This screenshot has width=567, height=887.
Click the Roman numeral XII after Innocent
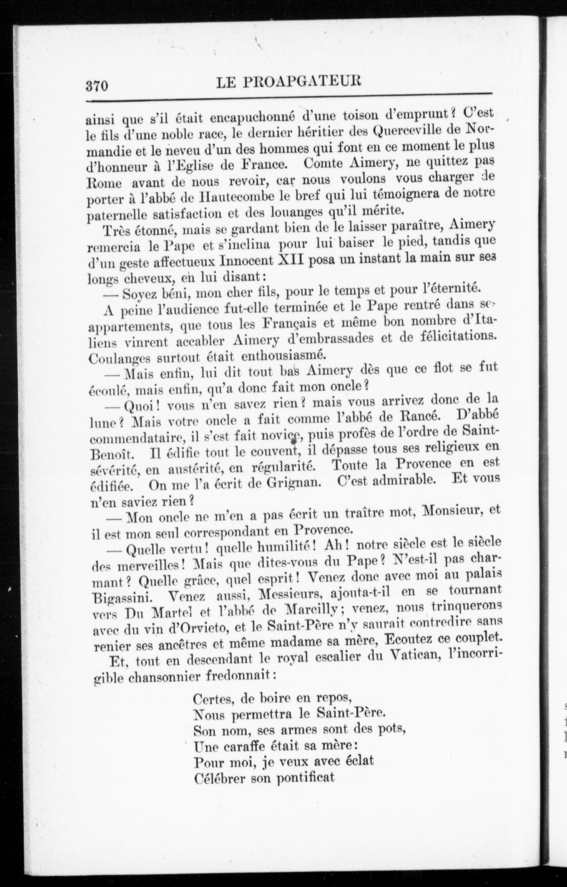point(290,260)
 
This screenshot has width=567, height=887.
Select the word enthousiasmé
point(282,356)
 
